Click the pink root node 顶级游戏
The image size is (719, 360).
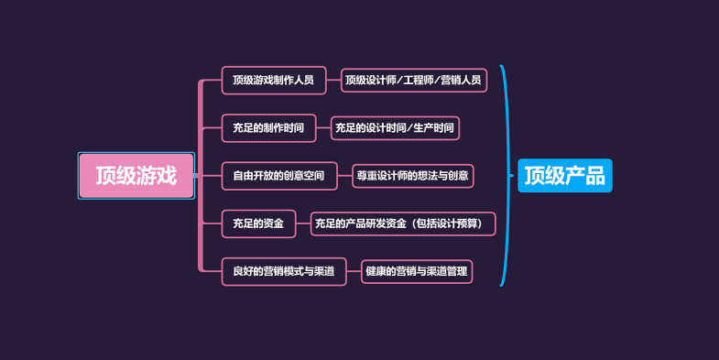[136, 176]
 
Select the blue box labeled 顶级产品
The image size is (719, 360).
[564, 175]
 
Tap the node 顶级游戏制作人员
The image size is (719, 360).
[273, 81]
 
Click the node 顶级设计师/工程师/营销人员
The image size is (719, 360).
[413, 81]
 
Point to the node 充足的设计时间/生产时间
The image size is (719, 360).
[395, 128]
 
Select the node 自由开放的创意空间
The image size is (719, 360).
[278, 176]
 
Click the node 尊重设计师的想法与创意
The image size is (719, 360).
[413, 176]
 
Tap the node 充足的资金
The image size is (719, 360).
[258, 224]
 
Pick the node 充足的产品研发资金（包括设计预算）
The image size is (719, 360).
[403, 224]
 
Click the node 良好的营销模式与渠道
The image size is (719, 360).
[283, 271]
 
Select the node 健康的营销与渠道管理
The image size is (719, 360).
[417, 271]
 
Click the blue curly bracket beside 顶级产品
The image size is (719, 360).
[505, 175]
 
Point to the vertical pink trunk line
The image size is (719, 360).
[201, 176]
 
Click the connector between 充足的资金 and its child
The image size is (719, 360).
[303, 224]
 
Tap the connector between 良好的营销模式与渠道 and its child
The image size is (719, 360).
[354, 271]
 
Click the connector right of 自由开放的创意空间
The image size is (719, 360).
[343, 176]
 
